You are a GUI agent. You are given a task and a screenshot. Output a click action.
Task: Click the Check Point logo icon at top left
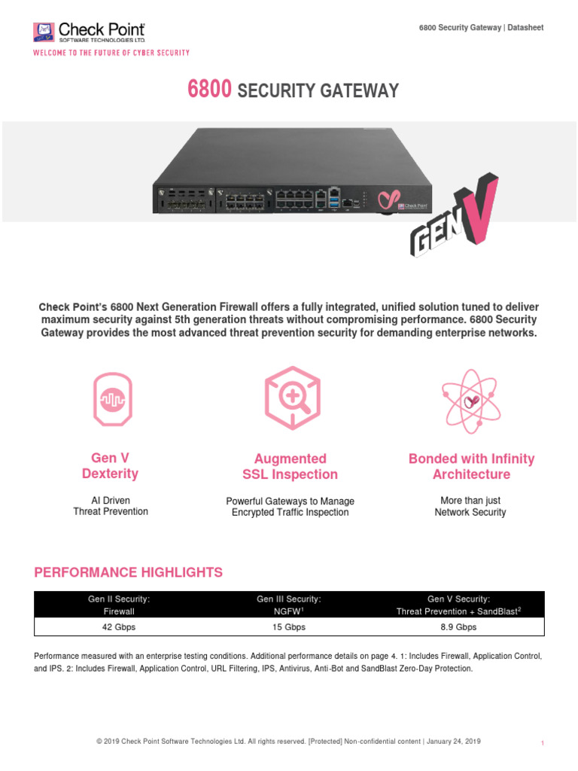(44, 32)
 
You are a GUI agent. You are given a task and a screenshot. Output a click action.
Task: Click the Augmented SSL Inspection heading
(290, 466)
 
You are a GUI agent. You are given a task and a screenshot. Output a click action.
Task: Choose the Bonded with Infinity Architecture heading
(471, 466)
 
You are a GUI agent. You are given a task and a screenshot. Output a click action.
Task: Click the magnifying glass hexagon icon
(289, 398)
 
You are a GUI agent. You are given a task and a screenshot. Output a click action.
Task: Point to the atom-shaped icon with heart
(471, 401)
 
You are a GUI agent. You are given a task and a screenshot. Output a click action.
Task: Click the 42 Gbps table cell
(119, 626)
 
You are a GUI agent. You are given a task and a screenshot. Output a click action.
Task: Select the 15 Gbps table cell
(289, 626)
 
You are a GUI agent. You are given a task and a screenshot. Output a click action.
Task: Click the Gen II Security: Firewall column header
(119, 605)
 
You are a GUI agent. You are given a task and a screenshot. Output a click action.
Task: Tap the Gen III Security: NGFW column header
(289, 605)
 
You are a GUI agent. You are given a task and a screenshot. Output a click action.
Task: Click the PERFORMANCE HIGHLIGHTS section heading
(129, 572)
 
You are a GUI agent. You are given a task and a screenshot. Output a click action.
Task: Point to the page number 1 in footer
(543, 743)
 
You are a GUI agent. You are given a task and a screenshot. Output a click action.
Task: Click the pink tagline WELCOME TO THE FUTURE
(111, 53)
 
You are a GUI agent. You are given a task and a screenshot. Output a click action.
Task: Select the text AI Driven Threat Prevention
(111, 506)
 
